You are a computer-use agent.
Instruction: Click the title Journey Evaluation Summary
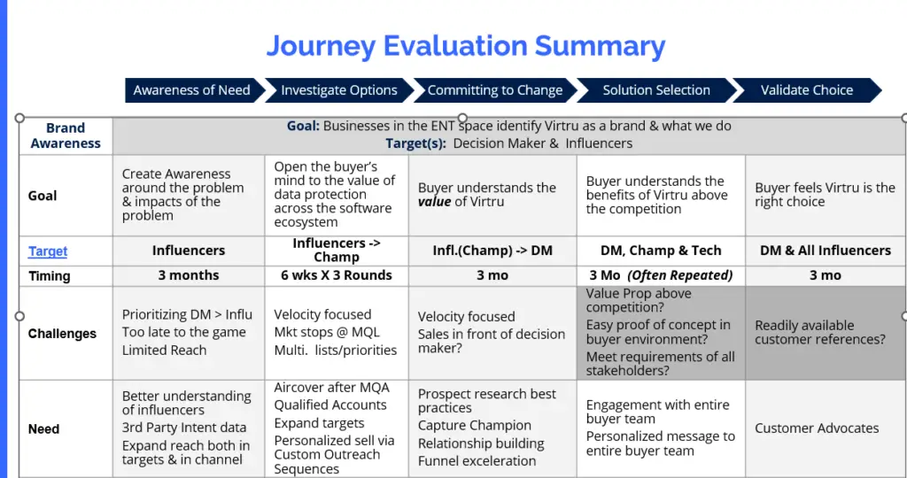[466, 46]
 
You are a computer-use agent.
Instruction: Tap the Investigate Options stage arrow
[339, 90]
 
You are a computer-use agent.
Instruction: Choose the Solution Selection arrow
[656, 90]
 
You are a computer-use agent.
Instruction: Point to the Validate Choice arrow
[807, 90]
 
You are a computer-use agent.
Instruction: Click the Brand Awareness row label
[66, 135]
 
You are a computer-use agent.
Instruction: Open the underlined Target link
[48, 251]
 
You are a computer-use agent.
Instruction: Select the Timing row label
[50, 275]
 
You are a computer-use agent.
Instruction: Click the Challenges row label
[63, 334]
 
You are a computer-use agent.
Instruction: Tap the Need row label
[44, 428]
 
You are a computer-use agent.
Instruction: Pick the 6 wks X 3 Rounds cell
[337, 275]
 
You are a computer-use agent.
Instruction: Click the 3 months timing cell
[189, 275]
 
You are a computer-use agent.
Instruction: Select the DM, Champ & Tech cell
[661, 251]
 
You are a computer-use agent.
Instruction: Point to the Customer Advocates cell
[817, 428]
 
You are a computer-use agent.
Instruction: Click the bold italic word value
[434, 202]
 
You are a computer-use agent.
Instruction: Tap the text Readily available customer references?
[820, 332]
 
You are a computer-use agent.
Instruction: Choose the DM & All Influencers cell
[826, 251]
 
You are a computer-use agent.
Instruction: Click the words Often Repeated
[680, 275]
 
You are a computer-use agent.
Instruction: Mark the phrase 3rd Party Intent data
[184, 428]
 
